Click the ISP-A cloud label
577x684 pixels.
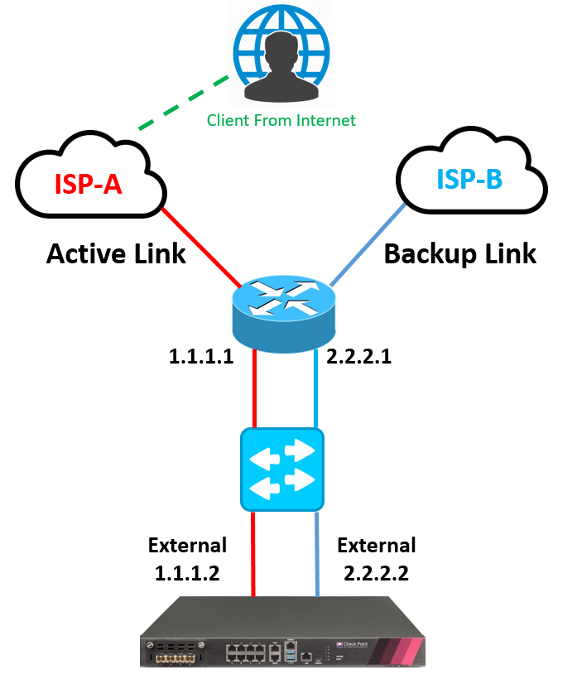[x=88, y=184]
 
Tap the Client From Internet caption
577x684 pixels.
[x=281, y=121]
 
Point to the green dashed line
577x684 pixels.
[x=182, y=104]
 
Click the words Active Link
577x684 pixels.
[x=116, y=253]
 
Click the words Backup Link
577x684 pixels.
[x=460, y=253]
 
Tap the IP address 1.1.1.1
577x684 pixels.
[x=199, y=358]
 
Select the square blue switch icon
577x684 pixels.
[x=281, y=469]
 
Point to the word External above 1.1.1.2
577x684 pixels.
[x=187, y=546]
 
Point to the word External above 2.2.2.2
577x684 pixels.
[x=377, y=546]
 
